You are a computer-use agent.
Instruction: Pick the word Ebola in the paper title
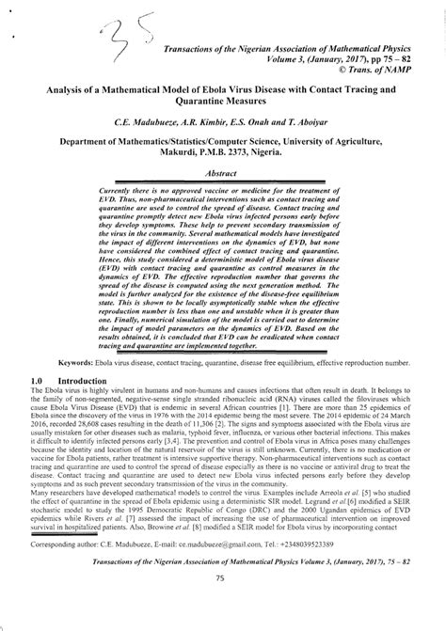(263, 89)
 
